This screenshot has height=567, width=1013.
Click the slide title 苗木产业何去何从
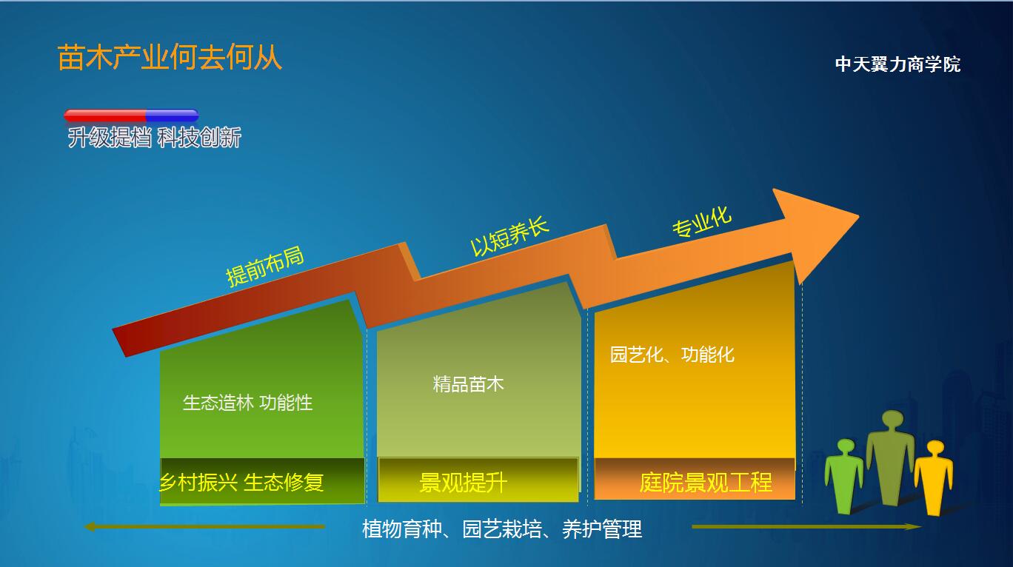(170, 58)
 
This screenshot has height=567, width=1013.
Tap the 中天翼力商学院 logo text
(897, 64)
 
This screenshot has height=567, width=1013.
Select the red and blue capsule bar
(131, 115)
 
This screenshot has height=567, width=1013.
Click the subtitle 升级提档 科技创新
(154, 137)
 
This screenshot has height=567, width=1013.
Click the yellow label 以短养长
(509, 236)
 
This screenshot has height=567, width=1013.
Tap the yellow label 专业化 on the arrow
(702, 221)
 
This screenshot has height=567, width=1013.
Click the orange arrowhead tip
(858, 216)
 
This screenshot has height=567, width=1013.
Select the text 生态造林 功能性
(247, 403)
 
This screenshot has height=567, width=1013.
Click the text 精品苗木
(468, 384)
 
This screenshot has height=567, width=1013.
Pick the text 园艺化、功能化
(672, 355)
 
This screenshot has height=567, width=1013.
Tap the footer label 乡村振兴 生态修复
(241, 482)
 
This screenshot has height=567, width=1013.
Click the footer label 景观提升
(463, 482)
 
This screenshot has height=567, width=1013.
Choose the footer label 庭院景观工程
(706, 482)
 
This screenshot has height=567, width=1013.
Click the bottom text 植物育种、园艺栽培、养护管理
(502, 529)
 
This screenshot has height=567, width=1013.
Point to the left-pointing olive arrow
(205, 526)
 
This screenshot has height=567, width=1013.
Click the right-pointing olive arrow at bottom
(807, 526)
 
